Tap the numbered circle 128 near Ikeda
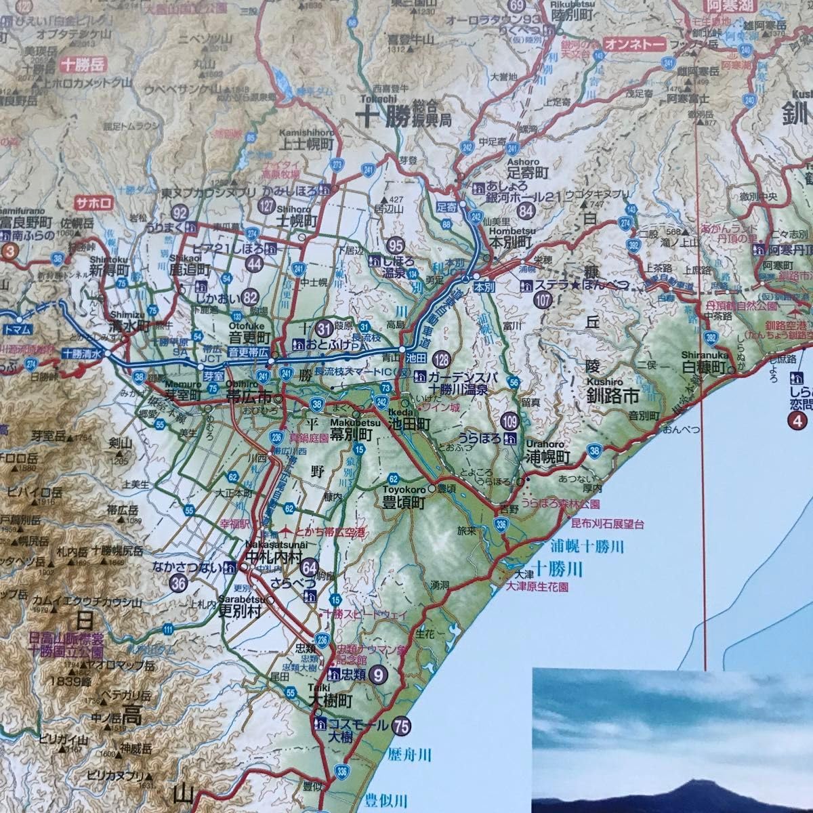pyautogui.click(x=442, y=359)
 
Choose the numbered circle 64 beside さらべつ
pyautogui.click(x=310, y=566)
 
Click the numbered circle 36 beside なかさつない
pyautogui.click(x=180, y=581)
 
